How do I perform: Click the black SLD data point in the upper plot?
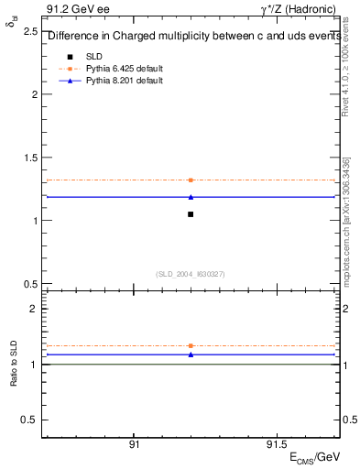tap(191, 214)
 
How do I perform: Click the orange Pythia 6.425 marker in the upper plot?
tap(191, 180)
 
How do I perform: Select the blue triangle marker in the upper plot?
tap(191, 197)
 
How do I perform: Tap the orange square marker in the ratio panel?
tap(191, 345)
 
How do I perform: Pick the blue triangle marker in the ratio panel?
tap(191, 354)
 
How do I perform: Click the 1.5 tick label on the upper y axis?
tap(29, 158)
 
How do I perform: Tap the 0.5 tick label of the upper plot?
tap(29, 284)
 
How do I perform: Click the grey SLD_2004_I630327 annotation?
tap(191, 274)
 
